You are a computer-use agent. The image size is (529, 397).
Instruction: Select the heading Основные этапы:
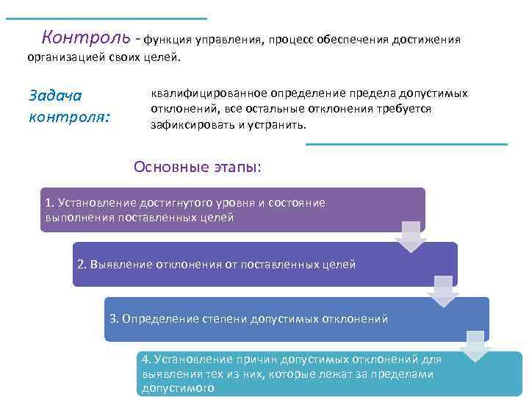pos(197,166)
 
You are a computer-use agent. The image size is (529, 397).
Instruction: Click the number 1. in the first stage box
pos(50,202)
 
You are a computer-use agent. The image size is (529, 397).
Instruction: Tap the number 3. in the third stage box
pos(114,318)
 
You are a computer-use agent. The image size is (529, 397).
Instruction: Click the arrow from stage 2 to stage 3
pos(442,291)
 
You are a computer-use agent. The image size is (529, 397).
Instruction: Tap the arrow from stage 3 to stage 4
pos(475,346)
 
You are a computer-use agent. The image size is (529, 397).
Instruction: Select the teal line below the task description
pos(406,144)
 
